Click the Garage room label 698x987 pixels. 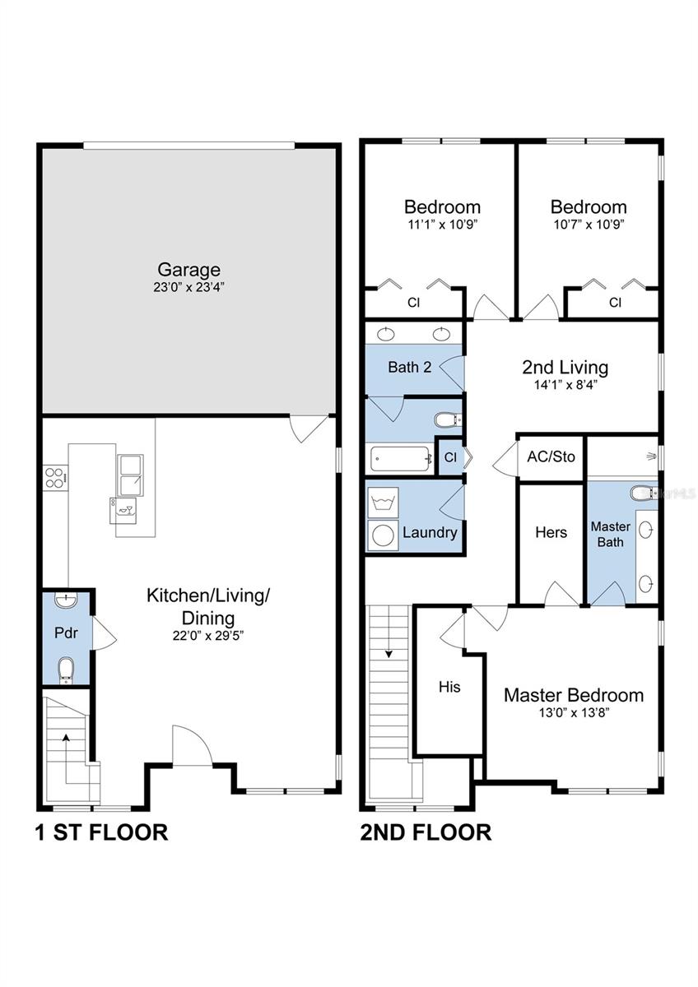188,269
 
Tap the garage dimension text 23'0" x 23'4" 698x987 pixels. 188,288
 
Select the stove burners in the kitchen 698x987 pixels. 54,477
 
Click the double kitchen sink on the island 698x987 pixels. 129,475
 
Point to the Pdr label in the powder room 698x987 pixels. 65,634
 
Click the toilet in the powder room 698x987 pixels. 66,670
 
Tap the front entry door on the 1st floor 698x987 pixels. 191,747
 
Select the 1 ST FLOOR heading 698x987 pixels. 101,832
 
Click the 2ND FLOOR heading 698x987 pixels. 426,832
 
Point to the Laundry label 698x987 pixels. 430,532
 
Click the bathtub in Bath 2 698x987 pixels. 401,458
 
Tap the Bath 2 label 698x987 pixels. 409,367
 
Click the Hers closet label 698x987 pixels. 551,532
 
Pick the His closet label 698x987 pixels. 449,687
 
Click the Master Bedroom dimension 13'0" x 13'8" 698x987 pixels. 573,715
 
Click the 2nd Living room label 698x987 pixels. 565,367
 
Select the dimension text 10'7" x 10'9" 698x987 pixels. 588,225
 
